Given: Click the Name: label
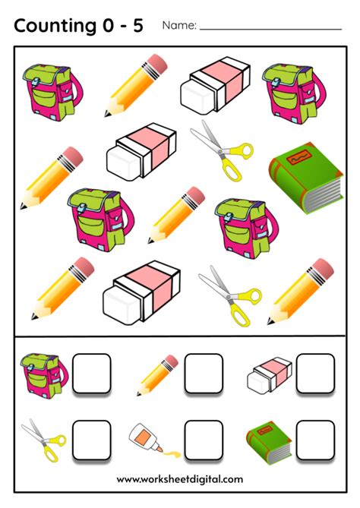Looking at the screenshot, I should [x=179, y=26].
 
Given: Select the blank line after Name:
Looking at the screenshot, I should [x=270, y=29].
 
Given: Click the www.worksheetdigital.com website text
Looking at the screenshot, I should [x=180, y=479].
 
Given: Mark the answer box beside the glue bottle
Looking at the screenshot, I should [x=204, y=440].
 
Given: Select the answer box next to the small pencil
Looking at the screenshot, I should [x=204, y=373].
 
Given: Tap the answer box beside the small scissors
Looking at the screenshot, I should [x=92, y=440].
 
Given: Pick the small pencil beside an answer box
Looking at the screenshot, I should [x=157, y=374].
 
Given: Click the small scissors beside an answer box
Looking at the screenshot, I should [x=39, y=440].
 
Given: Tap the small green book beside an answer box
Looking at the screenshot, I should [x=269, y=441].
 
